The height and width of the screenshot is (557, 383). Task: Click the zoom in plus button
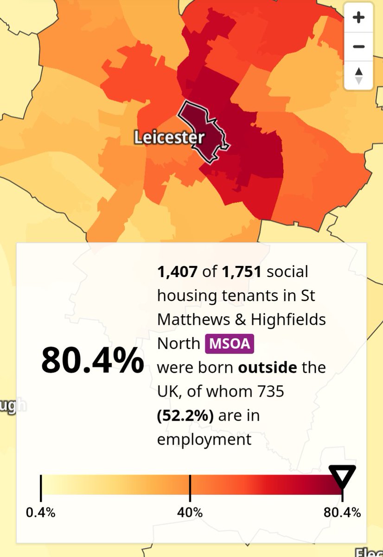click(x=358, y=18)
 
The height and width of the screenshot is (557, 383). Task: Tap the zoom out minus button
click(x=358, y=47)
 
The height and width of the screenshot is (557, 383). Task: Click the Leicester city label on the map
click(x=169, y=138)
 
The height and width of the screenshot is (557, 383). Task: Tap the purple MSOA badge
click(x=230, y=344)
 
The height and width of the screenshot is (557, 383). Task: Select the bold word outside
click(x=267, y=368)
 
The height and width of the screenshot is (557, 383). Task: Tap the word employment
click(x=204, y=439)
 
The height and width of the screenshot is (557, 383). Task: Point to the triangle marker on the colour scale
click(x=342, y=476)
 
